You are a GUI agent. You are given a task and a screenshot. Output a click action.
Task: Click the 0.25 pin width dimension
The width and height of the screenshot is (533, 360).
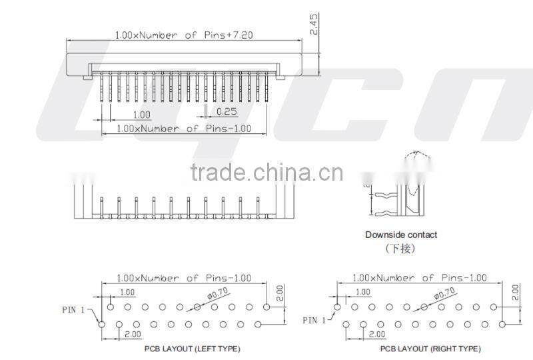[x=227, y=112]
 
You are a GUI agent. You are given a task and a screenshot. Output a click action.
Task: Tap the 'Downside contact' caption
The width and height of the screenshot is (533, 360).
[x=401, y=235]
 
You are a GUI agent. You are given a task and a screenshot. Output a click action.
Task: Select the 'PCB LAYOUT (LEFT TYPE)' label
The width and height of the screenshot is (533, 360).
[x=192, y=349]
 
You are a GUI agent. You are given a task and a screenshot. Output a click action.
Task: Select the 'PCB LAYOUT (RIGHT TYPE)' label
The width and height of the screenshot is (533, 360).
[x=430, y=349]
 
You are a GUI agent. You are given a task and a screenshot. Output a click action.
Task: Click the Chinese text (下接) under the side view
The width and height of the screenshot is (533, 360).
[x=400, y=249]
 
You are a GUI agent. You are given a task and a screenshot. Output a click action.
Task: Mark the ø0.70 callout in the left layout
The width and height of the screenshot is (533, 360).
[x=217, y=291]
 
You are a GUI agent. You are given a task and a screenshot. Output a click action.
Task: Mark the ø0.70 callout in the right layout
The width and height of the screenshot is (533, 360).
[x=444, y=291]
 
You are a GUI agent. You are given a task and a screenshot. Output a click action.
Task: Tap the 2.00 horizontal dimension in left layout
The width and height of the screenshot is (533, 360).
[x=132, y=333]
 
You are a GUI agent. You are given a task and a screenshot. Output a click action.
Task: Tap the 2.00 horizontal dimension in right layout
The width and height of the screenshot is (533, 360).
[x=376, y=333]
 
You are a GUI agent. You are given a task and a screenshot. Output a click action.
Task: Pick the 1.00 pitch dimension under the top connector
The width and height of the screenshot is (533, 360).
[x=141, y=115]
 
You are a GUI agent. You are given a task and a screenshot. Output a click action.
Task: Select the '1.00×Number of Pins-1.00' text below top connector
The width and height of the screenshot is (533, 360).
[x=184, y=128]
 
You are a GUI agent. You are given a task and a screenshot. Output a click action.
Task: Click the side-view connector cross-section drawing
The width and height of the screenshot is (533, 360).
[x=400, y=190]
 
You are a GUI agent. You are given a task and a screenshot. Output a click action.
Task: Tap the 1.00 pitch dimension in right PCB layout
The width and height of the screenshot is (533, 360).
[x=363, y=292]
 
